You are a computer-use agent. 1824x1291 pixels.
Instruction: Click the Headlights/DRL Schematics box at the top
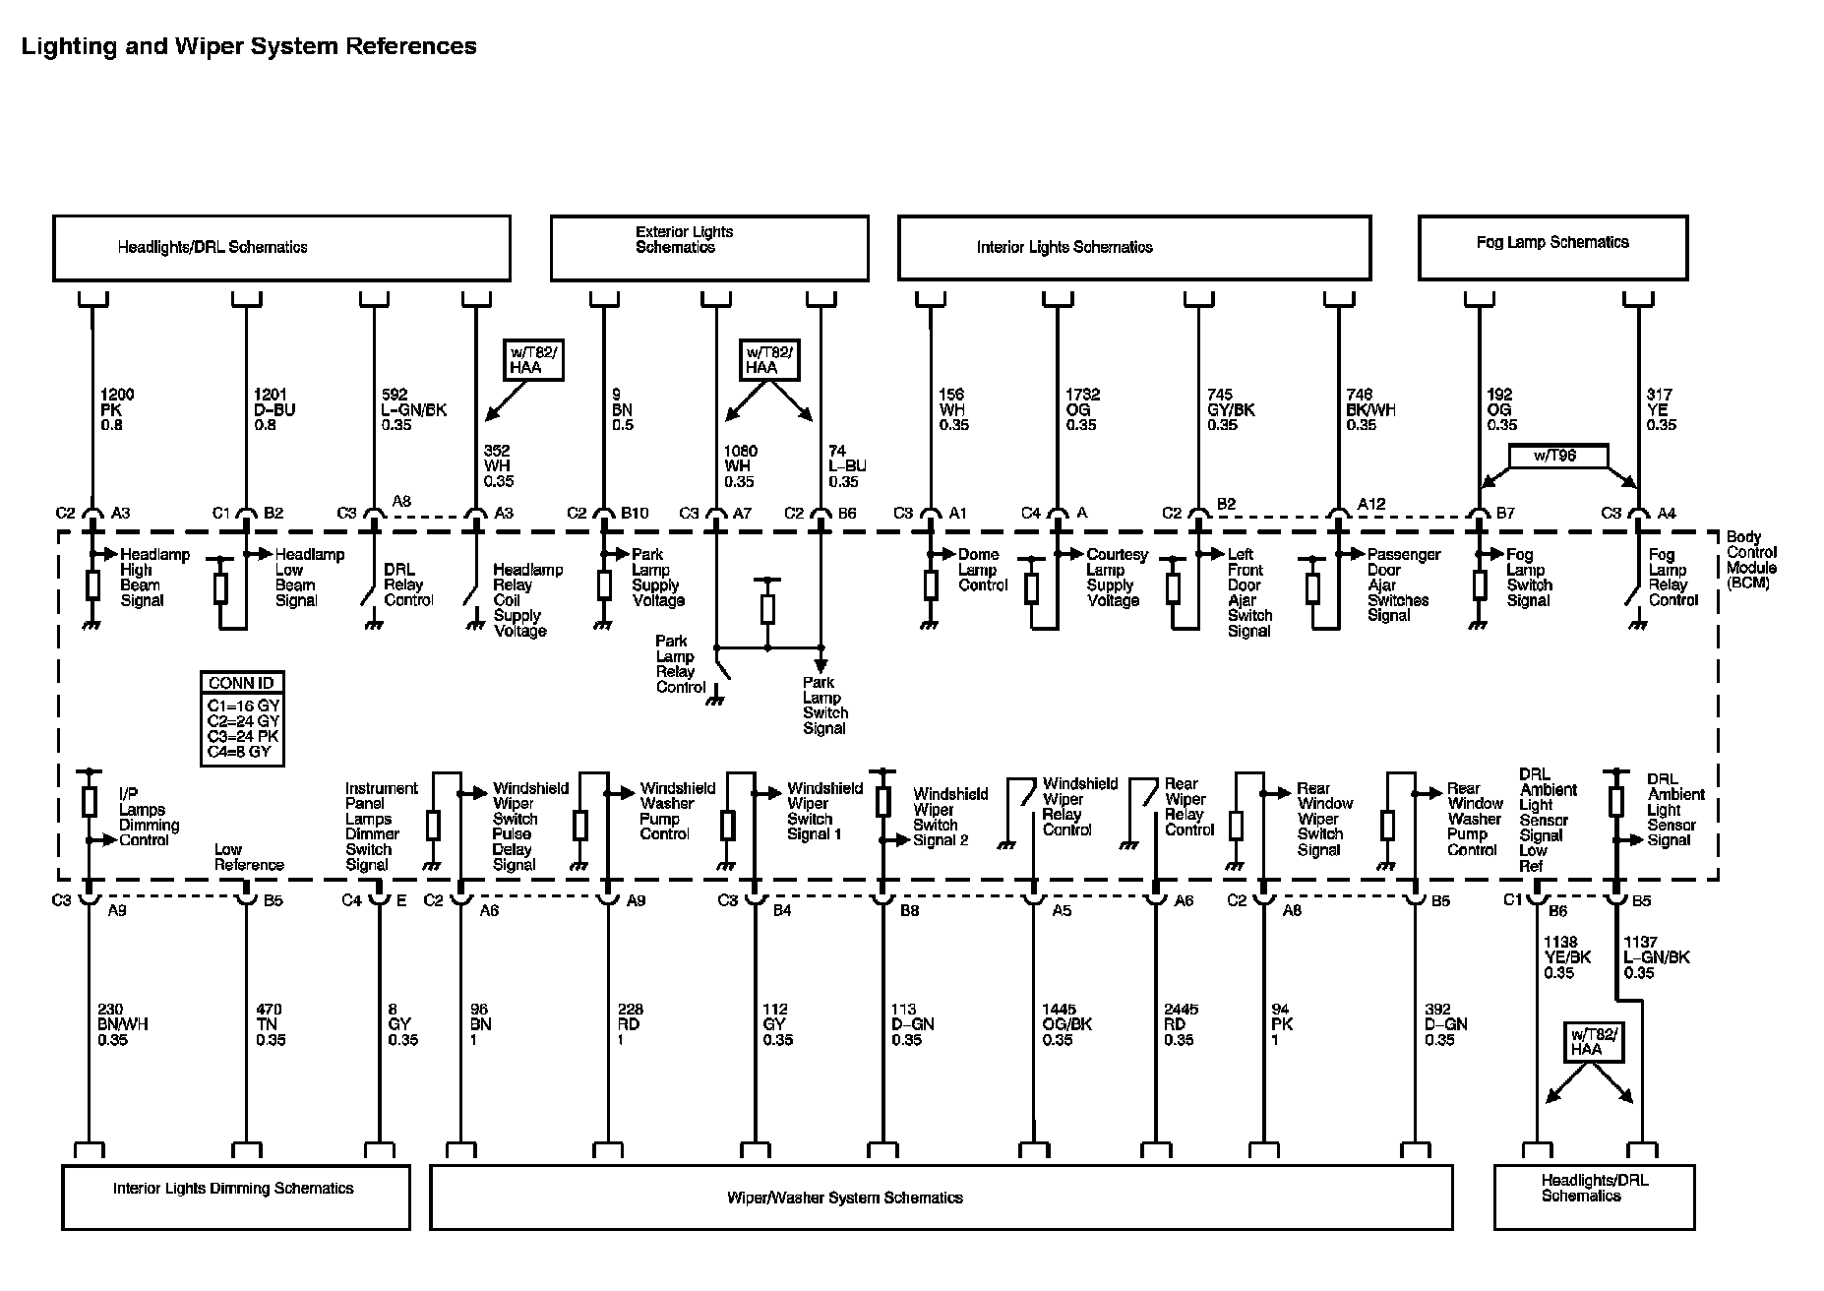coord(281,248)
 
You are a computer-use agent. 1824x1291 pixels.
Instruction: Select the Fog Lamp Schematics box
coord(1552,248)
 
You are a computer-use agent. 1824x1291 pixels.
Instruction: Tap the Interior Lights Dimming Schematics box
coord(235,1197)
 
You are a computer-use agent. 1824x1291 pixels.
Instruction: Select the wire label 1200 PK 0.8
coord(116,409)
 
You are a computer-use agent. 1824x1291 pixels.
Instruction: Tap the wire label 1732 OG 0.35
coord(1082,409)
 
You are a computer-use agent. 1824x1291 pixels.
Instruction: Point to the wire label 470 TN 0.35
coord(270,1024)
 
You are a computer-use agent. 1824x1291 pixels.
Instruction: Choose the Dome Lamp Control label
coord(983,570)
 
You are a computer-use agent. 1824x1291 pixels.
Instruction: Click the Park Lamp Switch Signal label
coord(824,706)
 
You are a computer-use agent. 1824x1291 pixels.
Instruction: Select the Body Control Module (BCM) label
coord(1751,560)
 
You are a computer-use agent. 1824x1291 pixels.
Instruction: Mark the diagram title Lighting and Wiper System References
coord(249,46)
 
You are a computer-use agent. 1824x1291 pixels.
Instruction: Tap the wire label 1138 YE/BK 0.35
coord(1566,957)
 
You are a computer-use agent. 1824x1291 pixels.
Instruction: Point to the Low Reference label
coord(249,857)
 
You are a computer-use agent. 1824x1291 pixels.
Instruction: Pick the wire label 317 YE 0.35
coord(1661,409)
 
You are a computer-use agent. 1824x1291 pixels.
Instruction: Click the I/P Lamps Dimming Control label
coord(149,817)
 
